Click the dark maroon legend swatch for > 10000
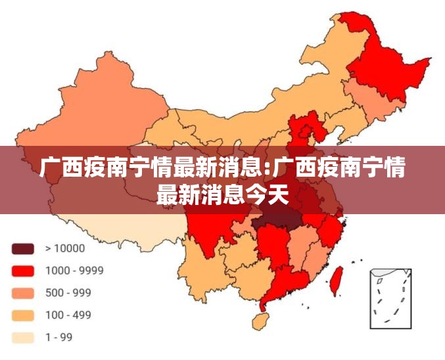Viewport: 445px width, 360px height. (x=22, y=248)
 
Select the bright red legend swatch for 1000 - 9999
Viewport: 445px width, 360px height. (x=22, y=271)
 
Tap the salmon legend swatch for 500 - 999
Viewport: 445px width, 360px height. (x=22, y=293)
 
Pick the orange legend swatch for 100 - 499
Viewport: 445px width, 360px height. (x=22, y=315)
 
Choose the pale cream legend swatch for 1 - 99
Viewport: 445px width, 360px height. (x=22, y=338)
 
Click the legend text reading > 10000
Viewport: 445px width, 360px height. (x=65, y=248)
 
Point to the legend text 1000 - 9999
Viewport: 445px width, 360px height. (x=74, y=271)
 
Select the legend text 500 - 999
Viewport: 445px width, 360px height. (x=68, y=293)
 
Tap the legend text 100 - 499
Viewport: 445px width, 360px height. (x=68, y=315)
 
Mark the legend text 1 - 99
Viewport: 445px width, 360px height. (x=59, y=338)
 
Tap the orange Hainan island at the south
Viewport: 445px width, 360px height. (x=261, y=321)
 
